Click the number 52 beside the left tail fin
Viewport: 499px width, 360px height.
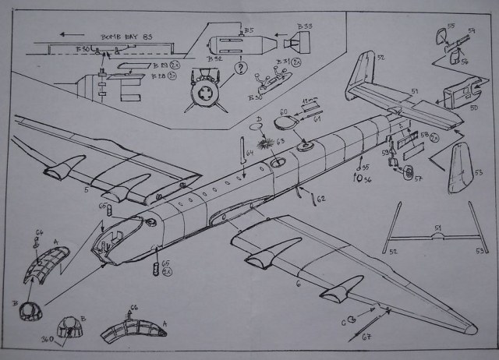(x=381, y=57)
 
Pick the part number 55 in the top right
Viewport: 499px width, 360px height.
(x=451, y=25)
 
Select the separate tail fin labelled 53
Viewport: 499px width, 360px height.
(x=465, y=167)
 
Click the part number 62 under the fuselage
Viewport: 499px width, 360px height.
(x=320, y=199)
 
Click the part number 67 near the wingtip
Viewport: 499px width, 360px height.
(x=365, y=337)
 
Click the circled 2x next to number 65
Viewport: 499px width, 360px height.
(x=166, y=272)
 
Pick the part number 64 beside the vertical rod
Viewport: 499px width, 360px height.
(x=249, y=154)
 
